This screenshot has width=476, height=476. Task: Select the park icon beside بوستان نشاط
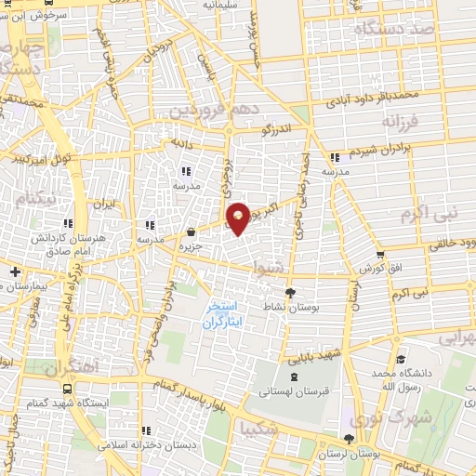coord(290,292)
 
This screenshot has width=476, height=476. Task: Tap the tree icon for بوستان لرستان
coord(349,439)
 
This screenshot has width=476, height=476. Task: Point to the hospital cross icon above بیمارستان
coord(15,271)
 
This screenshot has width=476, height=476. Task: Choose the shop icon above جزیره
coord(191,233)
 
